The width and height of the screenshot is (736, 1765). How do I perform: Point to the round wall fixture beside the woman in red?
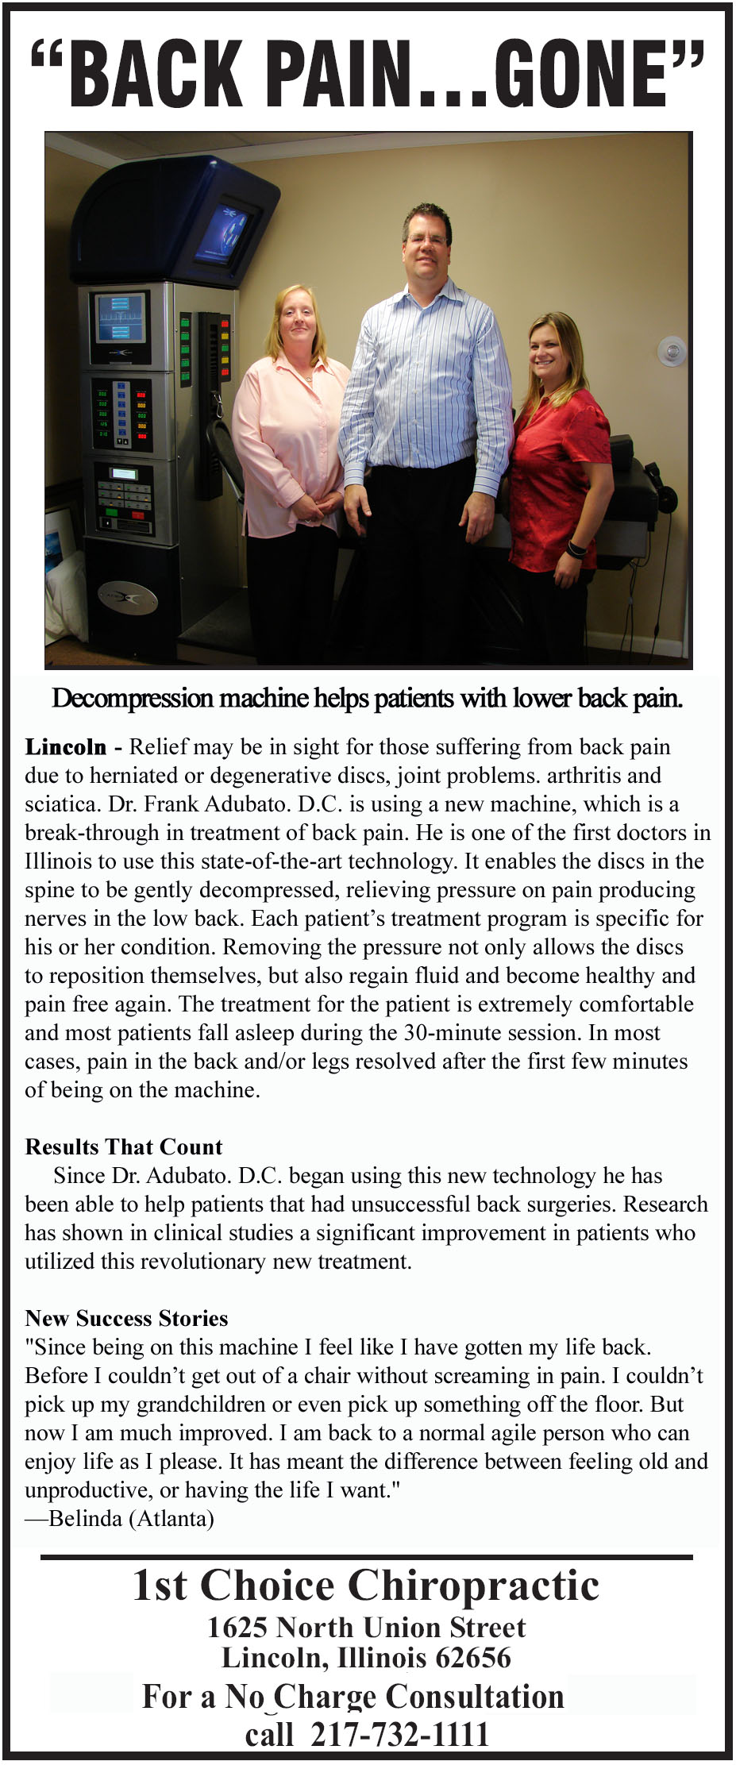[671, 350]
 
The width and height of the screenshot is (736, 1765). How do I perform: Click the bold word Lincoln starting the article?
[66, 747]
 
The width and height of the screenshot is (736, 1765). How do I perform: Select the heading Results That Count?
[124, 1147]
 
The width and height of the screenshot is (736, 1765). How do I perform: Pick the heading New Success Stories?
[126, 1319]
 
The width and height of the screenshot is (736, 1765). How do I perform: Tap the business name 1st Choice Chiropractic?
[366, 1586]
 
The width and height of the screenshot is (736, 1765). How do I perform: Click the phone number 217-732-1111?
[399, 1736]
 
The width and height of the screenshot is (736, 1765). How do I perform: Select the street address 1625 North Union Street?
[366, 1628]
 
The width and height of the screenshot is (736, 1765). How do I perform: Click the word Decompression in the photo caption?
[133, 699]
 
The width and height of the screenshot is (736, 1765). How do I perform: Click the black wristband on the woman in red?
[578, 548]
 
